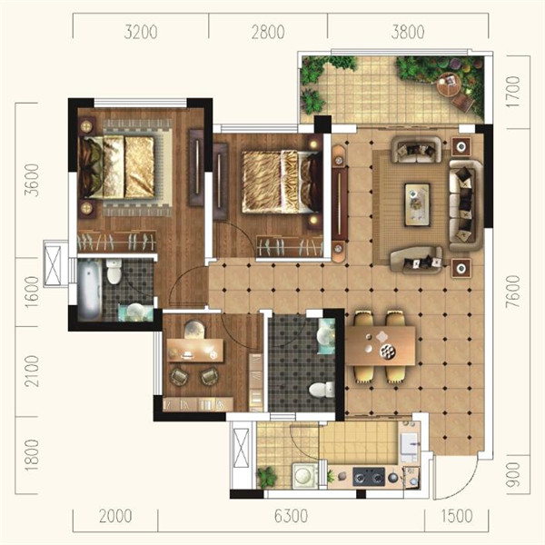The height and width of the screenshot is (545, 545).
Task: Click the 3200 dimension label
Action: point(141,32)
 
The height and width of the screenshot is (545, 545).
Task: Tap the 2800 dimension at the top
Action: point(268,32)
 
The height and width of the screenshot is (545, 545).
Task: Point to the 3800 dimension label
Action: point(407,32)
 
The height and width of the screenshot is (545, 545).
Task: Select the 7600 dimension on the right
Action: point(513,292)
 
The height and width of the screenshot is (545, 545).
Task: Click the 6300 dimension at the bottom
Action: point(291,516)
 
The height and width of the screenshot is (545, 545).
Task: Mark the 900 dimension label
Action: point(513,475)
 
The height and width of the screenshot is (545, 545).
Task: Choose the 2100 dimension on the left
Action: point(33,371)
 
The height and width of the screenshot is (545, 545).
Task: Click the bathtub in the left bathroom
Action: point(90,290)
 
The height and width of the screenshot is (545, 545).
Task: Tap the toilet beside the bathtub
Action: point(114,271)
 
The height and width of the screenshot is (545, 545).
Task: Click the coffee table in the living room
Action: point(417,205)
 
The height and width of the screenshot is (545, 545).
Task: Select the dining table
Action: point(381,345)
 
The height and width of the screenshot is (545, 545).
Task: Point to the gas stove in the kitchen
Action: point(369,477)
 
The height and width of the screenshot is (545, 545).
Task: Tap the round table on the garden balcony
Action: point(449,84)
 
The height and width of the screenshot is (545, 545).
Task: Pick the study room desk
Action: point(194,351)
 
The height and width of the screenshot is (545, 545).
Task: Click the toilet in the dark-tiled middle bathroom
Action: point(322,390)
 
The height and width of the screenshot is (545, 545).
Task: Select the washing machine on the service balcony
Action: point(305,475)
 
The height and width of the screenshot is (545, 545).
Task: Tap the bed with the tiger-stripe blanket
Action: point(281,182)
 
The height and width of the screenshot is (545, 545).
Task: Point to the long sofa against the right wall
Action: point(466,205)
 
